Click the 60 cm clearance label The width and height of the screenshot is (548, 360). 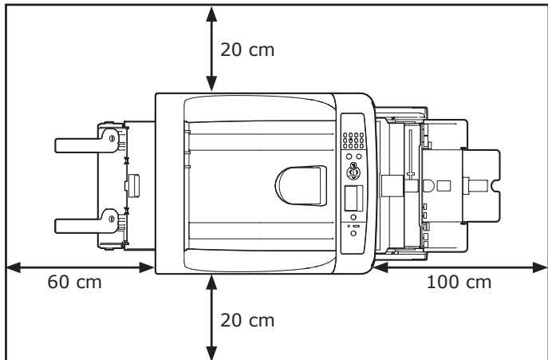[x=71, y=284]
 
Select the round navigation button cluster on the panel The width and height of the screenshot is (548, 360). [x=353, y=171]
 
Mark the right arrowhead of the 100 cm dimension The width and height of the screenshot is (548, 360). [x=541, y=268]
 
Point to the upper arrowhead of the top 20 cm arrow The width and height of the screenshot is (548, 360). [x=211, y=11]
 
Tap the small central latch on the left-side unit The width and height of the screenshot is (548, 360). [x=132, y=186]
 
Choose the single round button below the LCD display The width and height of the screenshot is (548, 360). [x=353, y=236]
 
